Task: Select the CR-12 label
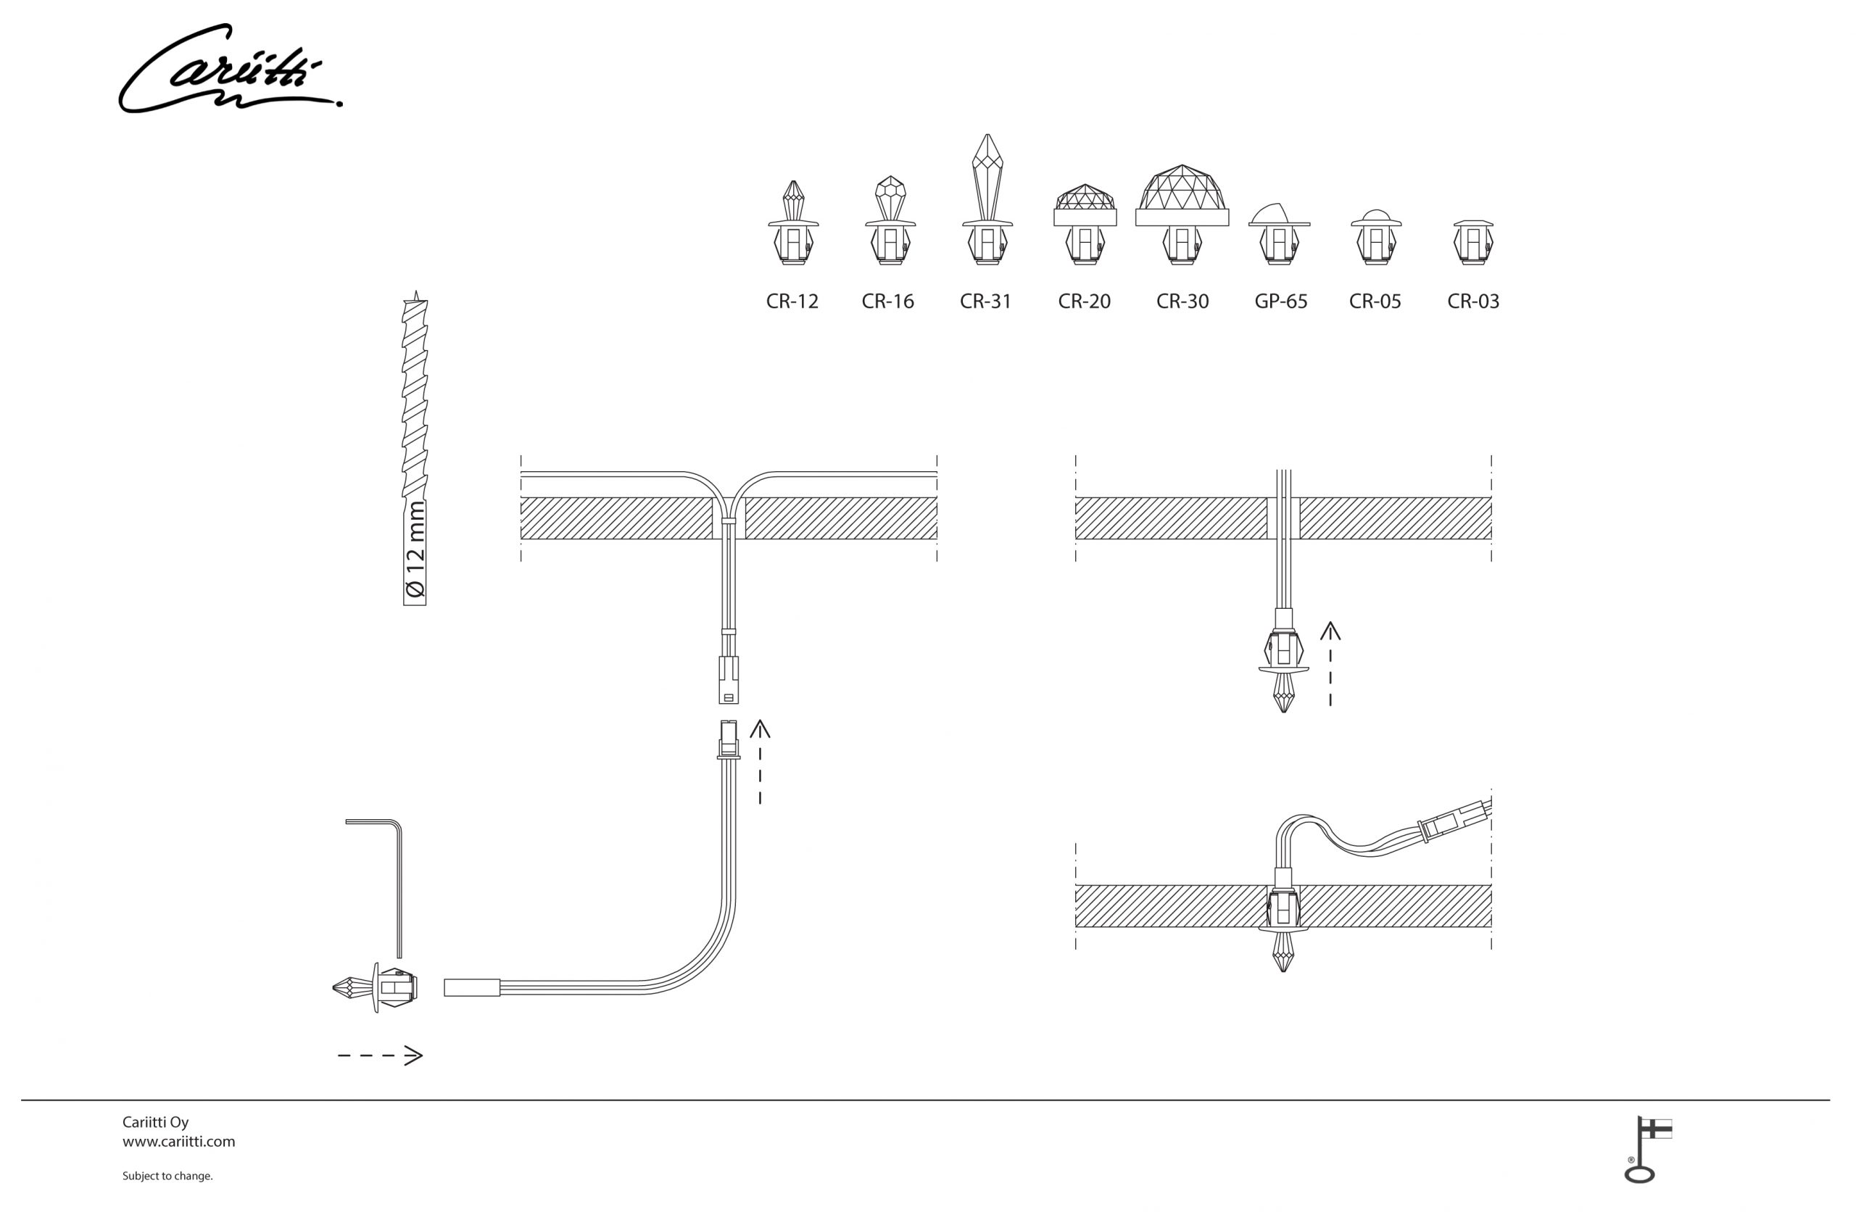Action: click(x=792, y=301)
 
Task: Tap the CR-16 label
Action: click(x=887, y=301)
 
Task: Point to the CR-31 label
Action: click(x=986, y=301)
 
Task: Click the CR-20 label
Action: click(x=1084, y=301)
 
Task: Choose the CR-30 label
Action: click(x=1182, y=301)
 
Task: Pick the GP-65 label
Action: click(x=1280, y=301)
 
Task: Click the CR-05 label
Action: click(x=1375, y=301)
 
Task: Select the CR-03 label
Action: click(x=1473, y=301)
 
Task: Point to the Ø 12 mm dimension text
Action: click(x=415, y=550)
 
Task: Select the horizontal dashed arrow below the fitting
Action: click(x=380, y=1056)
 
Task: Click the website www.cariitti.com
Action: click(x=178, y=1142)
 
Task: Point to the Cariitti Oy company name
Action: click(x=155, y=1122)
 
